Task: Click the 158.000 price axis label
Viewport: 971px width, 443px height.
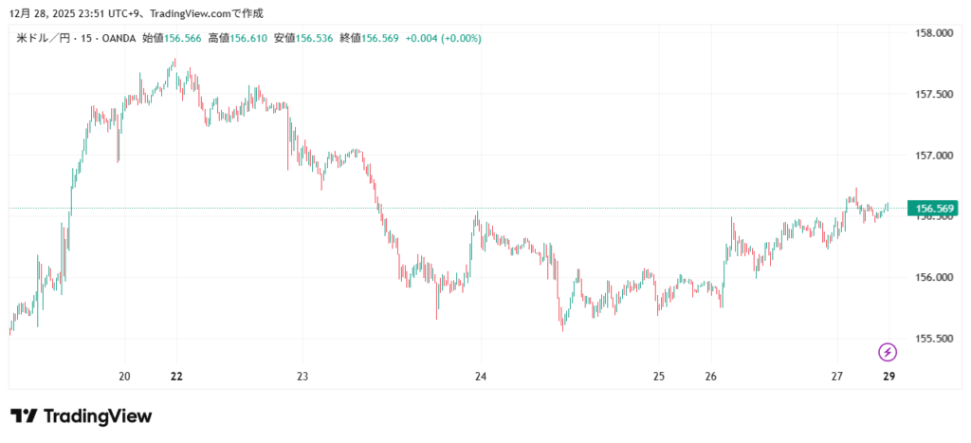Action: (x=932, y=33)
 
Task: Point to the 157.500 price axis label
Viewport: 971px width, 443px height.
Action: (x=932, y=94)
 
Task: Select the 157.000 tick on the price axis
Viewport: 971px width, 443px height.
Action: (x=932, y=155)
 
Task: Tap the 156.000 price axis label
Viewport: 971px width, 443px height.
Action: (x=932, y=277)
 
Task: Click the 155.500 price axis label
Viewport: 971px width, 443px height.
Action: (x=932, y=338)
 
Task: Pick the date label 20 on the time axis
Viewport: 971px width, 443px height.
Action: (x=124, y=377)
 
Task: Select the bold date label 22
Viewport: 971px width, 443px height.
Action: (x=176, y=377)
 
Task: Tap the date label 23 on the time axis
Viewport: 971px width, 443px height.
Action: (x=302, y=377)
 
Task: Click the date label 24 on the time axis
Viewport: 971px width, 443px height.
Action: (x=481, y=377)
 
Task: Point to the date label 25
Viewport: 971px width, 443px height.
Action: (x=659, y=377)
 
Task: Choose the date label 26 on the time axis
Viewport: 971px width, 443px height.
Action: (x=711, y=377)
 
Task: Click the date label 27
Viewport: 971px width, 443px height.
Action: (x=836, y=377)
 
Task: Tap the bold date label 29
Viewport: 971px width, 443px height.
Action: (x=889, y=377)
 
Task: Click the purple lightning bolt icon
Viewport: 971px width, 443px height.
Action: (x=888, y=353)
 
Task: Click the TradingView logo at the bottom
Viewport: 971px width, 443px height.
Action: (x=82, y=415)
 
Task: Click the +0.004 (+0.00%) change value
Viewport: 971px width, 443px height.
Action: (x=443, y=38)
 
